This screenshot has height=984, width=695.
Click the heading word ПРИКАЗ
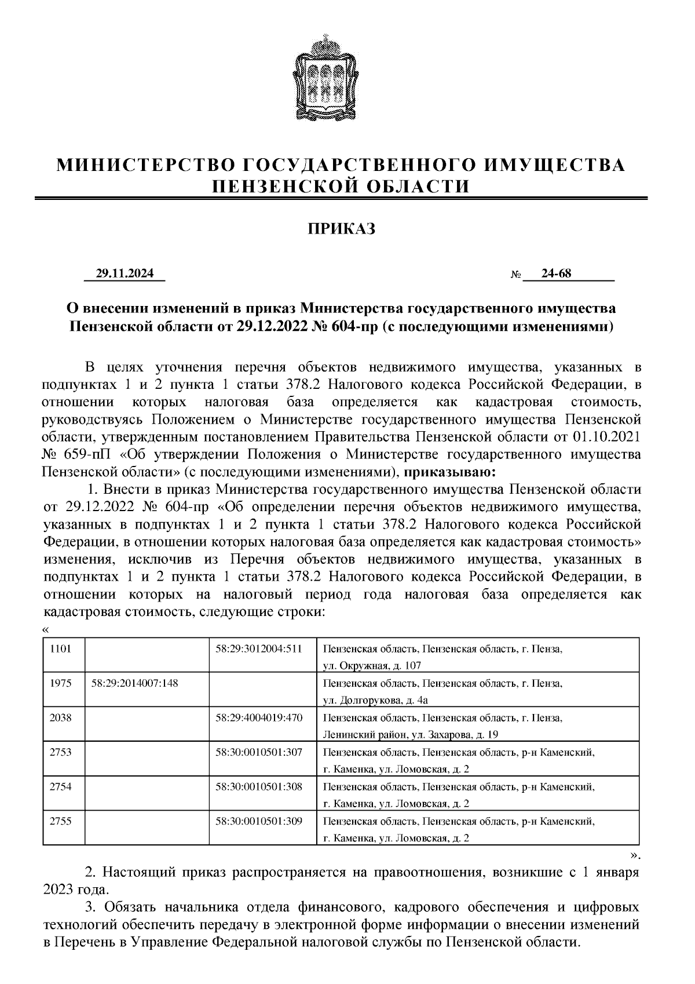(x=341, y=229)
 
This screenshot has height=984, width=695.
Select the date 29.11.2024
(x=125, y=274)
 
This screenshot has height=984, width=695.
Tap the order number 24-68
(x=556, y=274)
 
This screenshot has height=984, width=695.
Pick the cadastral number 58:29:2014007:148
(x=135, y=683)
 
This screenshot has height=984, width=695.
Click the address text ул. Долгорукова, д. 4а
(x=375, y=700)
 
